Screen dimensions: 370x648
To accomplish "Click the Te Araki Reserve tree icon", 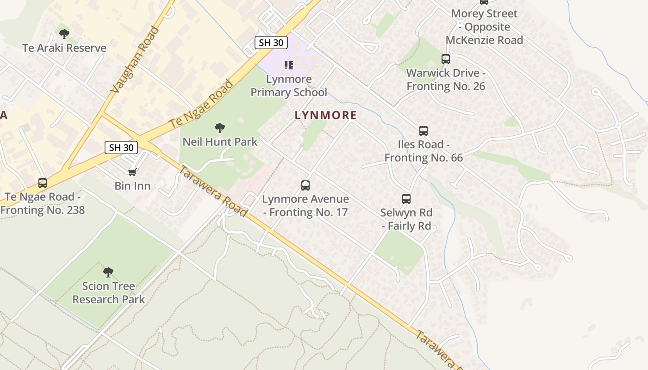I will tap(64, 34).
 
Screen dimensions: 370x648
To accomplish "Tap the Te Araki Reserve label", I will tap(64, 48).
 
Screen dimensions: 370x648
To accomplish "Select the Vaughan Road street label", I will tap(135, 61).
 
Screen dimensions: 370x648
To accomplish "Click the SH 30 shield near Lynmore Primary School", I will tap(271, 43).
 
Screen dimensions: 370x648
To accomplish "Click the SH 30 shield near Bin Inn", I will tap(121, 148).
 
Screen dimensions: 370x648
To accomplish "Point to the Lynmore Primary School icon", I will tap(289, 65).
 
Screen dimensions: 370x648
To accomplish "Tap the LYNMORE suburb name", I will tap(326, 115).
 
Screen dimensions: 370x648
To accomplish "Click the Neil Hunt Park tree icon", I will tap(220, 128).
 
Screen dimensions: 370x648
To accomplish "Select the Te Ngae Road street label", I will tap(201, 105).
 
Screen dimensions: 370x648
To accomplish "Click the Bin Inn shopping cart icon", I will tap(132, 172).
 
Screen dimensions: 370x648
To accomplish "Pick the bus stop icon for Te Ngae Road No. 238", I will tap(43, 183).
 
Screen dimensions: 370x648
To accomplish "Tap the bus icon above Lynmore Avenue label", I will tap(305, 185).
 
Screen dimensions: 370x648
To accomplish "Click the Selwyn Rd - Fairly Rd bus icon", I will tap(406, 199).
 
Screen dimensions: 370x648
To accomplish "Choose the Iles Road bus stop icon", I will tap(424, 130).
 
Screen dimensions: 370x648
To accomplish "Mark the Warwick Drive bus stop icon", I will tap(446, 59).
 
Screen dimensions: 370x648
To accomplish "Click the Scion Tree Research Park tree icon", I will tap(108, 272).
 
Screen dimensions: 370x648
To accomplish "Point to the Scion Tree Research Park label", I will tap(109, 293).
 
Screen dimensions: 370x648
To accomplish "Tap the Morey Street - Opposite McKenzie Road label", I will tap(484, 27).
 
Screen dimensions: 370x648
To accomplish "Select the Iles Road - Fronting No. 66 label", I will tap(424, 151).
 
